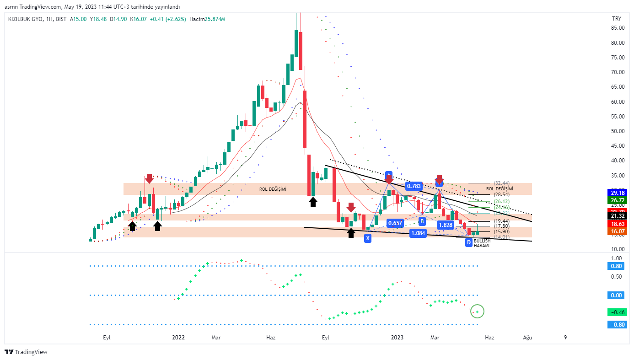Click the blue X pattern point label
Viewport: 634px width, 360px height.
(x=368, y=238)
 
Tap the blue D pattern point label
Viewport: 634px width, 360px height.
(x=469, y=242)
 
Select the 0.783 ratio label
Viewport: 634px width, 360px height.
(x=414, y=186)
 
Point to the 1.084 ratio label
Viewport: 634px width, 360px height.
(x=418, y=233)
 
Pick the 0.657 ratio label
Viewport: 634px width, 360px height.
(x=394, y=223)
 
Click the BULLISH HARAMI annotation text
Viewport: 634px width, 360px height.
(x=482, y=243)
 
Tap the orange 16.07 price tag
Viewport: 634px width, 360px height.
(x=617, y=232)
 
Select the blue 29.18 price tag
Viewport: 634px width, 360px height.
(x=617, y=193)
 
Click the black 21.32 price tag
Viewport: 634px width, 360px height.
(x=617, y=216)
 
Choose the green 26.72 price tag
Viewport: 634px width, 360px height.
(x=617, y=200)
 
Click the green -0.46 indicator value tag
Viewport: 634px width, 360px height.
(x=617, y=312)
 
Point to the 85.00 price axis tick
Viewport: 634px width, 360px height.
(x=618, y=28)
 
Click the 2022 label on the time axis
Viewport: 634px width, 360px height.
(x=178, y=338)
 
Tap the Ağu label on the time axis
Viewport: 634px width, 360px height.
(x=528, y=338)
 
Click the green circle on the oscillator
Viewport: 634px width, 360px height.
(x=477, y=312)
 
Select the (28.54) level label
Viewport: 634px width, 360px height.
(x=501, y=194)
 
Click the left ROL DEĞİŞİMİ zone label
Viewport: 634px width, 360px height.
(x=273, y=189)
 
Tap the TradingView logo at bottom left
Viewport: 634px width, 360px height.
(x=26, y=352)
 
